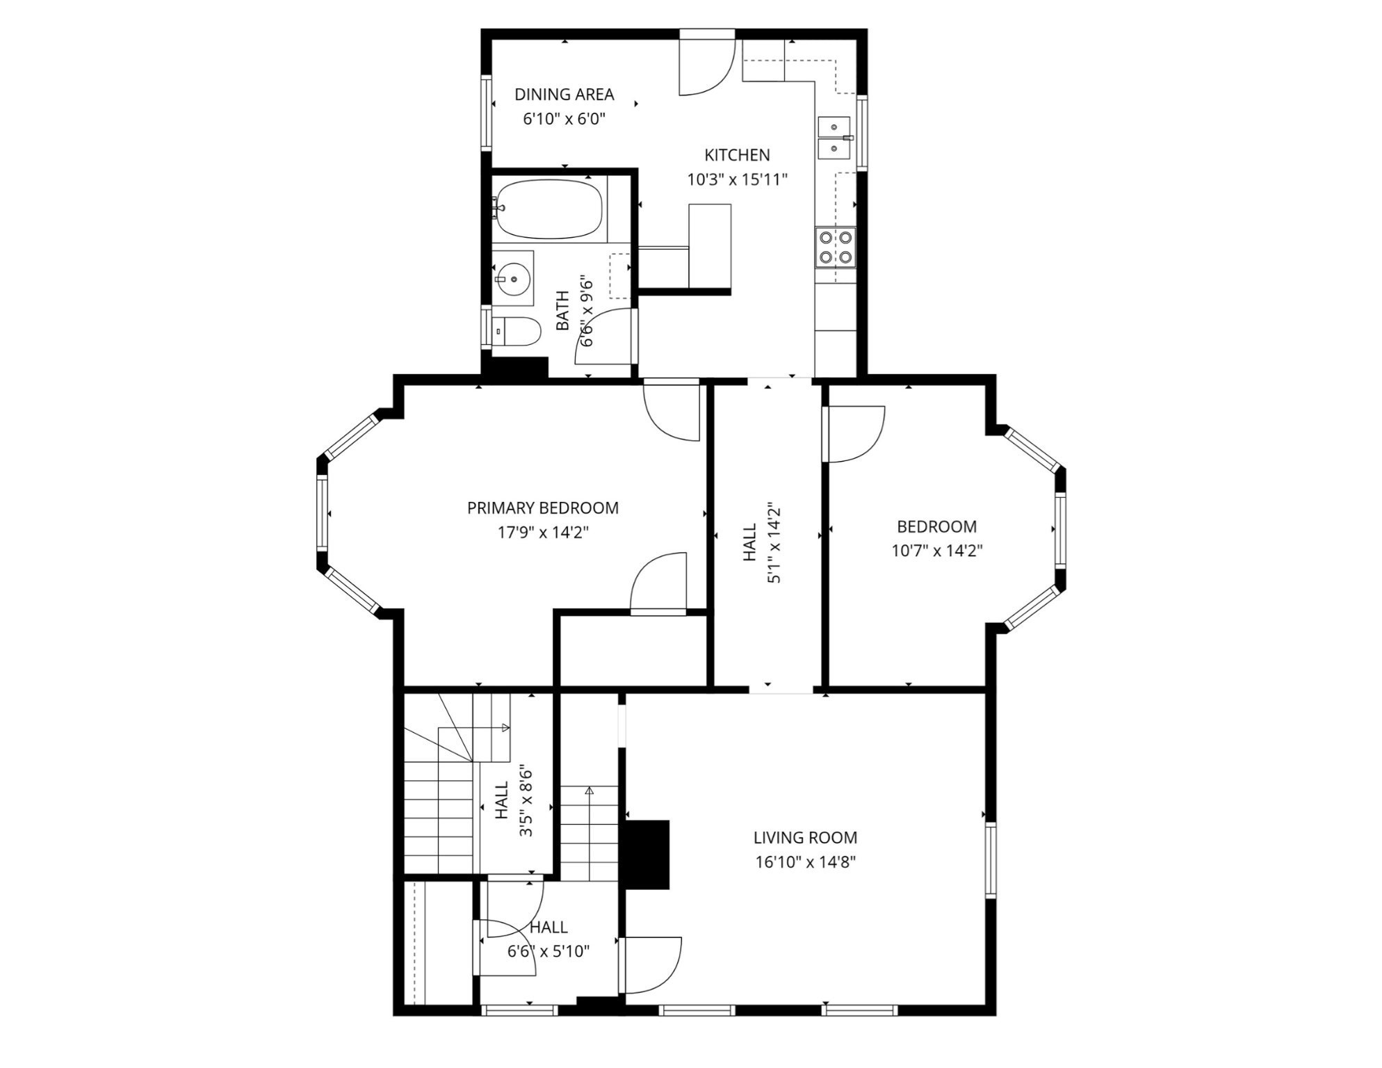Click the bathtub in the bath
pyautogui.click(x=548, y=209)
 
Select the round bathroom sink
pyautogui.click(x=513, y=278)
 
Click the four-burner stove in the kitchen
pyautogui.click(x=836, y=247)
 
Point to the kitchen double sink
pyautogui.click(x=834, y=138)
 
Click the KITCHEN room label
pyautogui.click(x=737, y=155)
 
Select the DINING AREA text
pyautogui.click(x=564, y=95)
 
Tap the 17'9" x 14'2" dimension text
pyautogui.click(x=543, y=533)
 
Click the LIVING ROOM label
pyautogui.click(x=805, y=838)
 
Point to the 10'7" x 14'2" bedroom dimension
pyautogui.click(x=936, y=551)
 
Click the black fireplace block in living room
pyautogui.click(x=647, y=855)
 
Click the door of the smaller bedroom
pyautogui.click(x=854, y=434)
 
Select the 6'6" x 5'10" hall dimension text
pyautogui.click(x=548, y=951)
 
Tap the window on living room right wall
pyautogui.click(x=991, y=859)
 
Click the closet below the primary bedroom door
pyautogui.click(x=633, y=649)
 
